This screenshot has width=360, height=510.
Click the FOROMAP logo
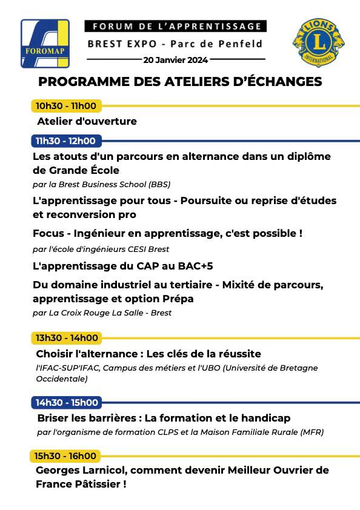point(45,43)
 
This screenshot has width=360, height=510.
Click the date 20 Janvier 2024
point(176,60)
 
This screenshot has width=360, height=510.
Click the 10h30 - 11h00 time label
point(66,106)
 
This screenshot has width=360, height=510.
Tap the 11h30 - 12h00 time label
point(65,141)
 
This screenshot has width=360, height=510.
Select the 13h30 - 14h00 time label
point(66,338)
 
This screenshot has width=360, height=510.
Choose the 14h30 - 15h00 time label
point(66,402)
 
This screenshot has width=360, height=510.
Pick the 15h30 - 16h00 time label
point(66,455)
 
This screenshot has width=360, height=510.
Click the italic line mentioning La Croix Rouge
point(102,313)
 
